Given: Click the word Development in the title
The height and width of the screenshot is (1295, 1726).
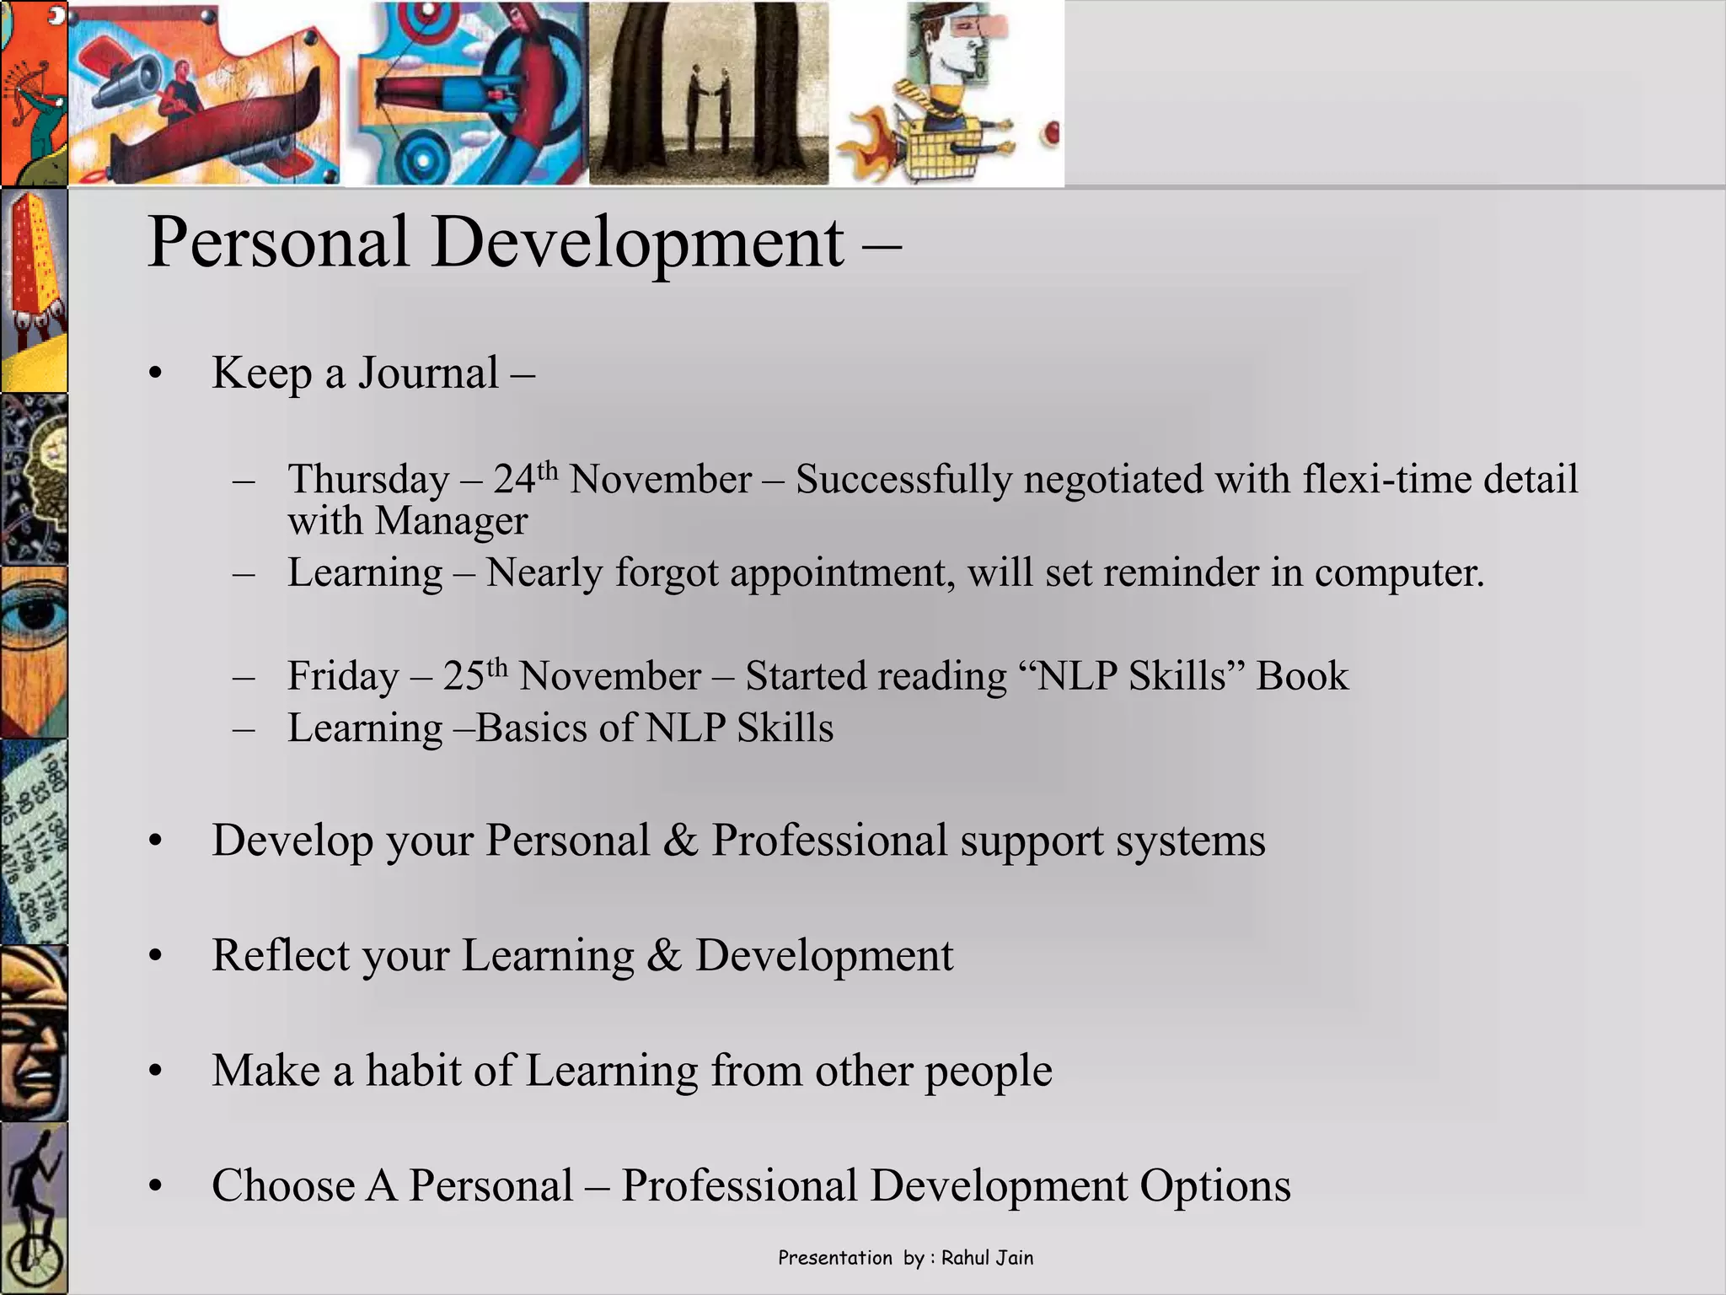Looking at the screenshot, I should pos(637,244).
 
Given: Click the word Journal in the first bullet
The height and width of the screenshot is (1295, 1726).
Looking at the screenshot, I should pos(428,373).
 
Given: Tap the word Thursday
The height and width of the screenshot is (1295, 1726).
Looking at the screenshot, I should pos(368,481).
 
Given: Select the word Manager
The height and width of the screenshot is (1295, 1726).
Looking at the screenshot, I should pos(451,521).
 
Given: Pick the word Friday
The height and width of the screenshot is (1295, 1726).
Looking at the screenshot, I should pos(343,676).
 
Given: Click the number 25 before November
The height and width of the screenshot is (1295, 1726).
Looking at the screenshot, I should pos(464,676).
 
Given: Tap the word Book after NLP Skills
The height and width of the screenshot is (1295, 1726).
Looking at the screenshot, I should pos(1302,676).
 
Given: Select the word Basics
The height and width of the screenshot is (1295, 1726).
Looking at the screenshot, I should pos(533,728).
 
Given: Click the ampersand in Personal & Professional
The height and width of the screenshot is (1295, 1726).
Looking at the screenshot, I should pos(681,841).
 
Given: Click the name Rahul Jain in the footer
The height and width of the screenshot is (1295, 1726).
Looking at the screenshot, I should pos(987,1258).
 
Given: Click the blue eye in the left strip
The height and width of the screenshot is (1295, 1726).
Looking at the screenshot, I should pos(32,615).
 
